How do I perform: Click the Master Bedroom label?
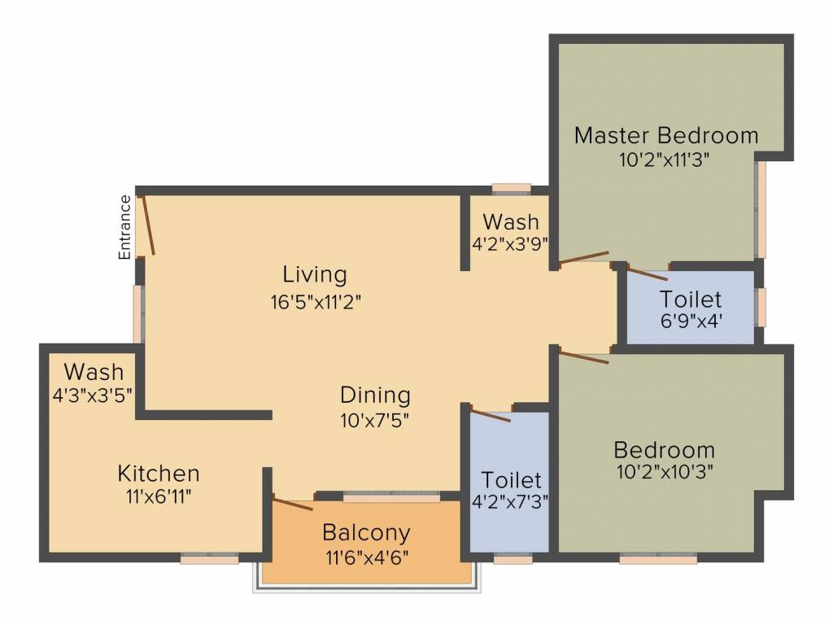pos(666,136)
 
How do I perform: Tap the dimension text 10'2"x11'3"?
pos(664,160)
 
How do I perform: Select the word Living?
pos(315,275)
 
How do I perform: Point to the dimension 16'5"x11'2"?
pos(316,302)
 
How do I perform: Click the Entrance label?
pos(124,228)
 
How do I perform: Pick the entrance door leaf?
pos(147,225)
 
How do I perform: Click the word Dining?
pos(375,396)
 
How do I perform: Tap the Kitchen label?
pos(159,473)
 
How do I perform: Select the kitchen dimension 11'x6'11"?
pos(159,497)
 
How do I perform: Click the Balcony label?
pos(367,532)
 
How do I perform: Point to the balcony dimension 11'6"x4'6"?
pos(367,558)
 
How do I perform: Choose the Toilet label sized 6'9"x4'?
pos(691,299)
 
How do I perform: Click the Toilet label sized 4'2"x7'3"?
pos(511,480)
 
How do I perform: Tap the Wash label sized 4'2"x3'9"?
pos(511,221)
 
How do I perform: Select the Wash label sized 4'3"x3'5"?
pos(94,371)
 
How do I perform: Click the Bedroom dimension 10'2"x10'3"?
pos(664,471)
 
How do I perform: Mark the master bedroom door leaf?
pos(584,257)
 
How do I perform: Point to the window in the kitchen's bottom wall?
pos(209,558)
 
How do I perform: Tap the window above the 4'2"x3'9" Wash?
pos(511,188)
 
